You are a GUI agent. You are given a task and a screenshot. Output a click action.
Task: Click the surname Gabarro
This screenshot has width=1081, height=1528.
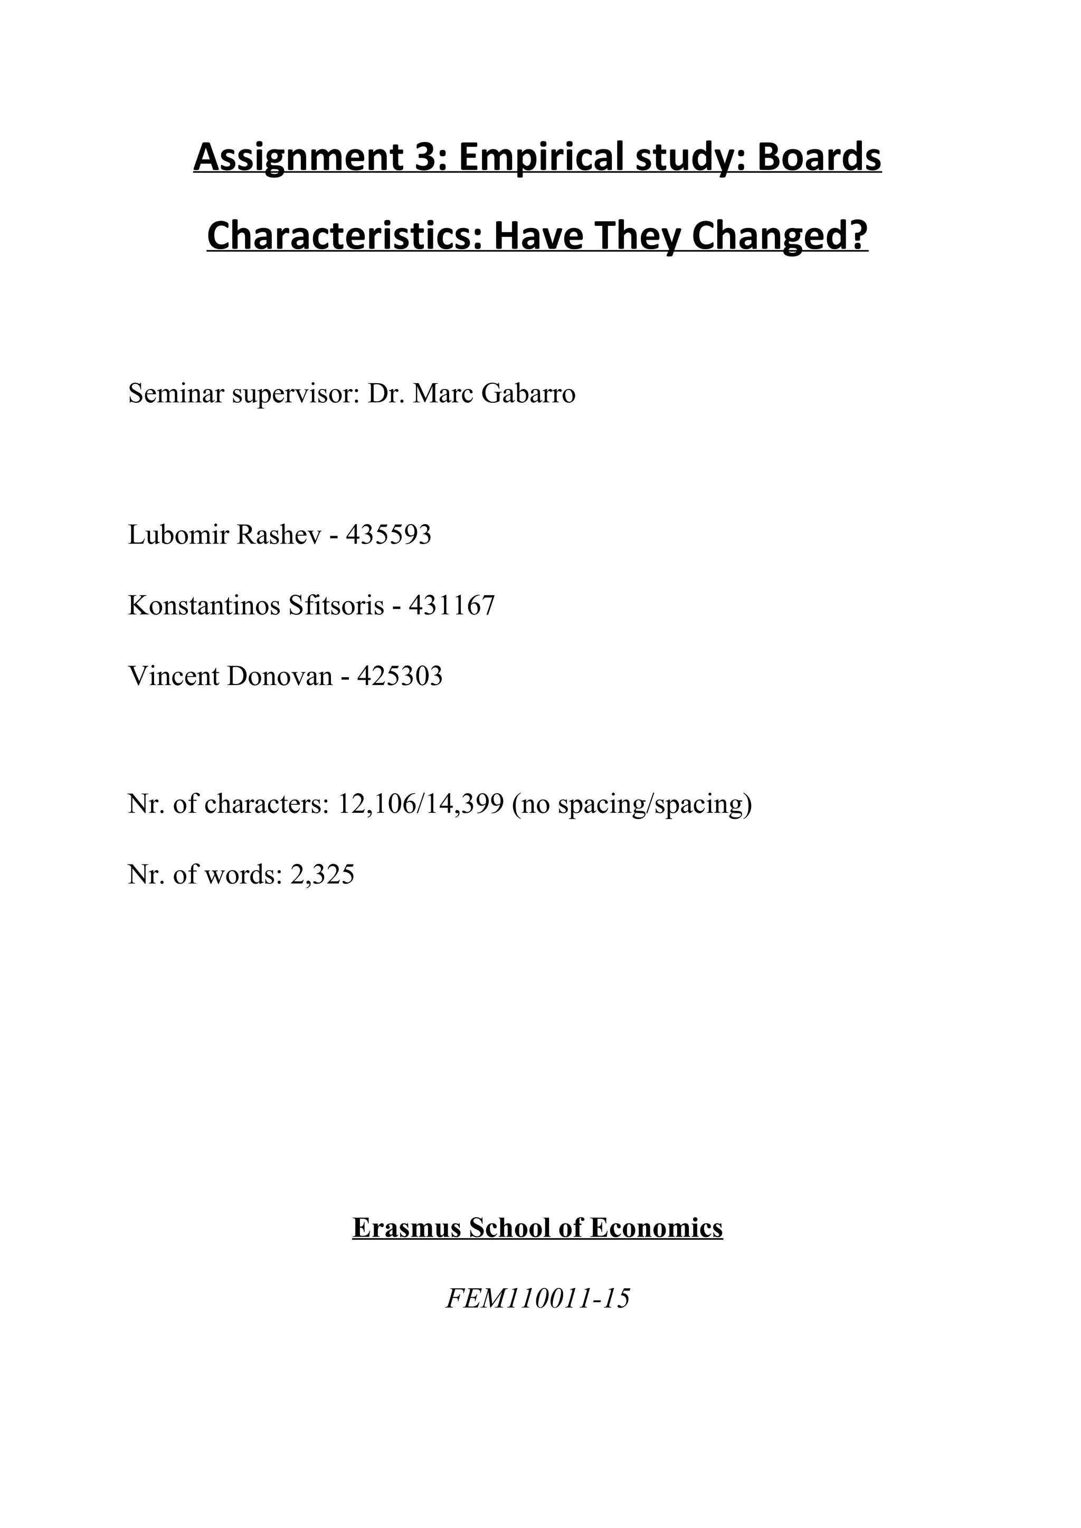click(x=528, y=394)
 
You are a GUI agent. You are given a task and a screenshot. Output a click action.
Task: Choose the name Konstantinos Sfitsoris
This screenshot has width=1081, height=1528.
click(x=257, y=605)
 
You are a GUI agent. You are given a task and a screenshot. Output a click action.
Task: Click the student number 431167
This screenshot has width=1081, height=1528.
click(x=452, y=605)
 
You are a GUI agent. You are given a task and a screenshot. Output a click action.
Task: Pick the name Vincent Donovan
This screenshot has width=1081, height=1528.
click(x=230, y=676)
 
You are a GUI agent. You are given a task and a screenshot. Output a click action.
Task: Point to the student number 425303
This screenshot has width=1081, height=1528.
click(x=400, y=676)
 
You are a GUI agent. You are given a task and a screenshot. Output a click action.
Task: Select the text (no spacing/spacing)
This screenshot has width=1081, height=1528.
click(x=632, y=804)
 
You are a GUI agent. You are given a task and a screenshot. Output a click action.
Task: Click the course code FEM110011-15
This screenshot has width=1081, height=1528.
click(x=538, y=1298)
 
